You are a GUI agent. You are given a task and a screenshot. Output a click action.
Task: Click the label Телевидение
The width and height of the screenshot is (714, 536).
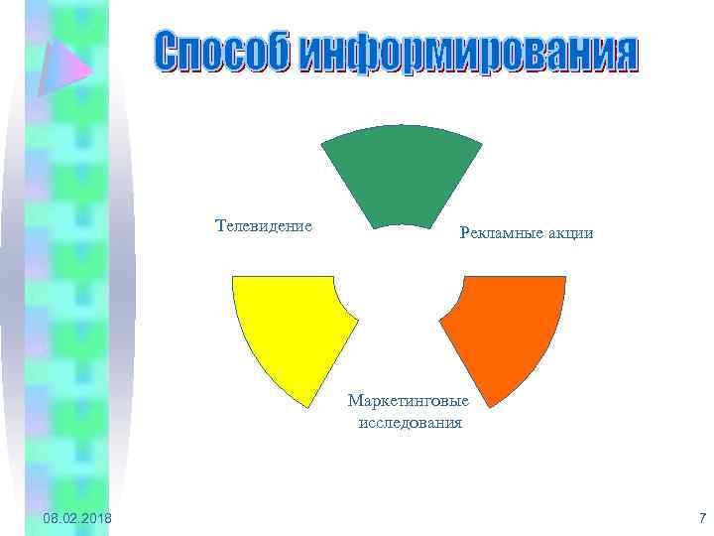[263, 225]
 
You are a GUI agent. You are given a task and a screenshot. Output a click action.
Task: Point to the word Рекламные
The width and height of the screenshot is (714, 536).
[496, 233]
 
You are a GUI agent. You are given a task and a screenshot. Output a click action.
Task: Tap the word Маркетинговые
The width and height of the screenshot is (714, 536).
[408, 401]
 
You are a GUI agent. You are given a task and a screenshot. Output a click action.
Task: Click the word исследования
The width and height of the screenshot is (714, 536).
[409, 422]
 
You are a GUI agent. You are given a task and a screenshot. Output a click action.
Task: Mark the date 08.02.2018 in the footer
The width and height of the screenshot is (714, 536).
[77, 519]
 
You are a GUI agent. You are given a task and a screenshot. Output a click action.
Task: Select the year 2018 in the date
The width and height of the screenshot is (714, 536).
[95, 519]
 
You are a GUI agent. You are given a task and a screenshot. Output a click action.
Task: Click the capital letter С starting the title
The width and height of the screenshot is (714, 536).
[168, 55]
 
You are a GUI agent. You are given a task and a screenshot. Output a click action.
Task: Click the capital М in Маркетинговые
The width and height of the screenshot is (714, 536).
[354, 401]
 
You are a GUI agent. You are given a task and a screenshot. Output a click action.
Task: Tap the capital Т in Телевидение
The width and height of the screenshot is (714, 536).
[219, 225]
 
